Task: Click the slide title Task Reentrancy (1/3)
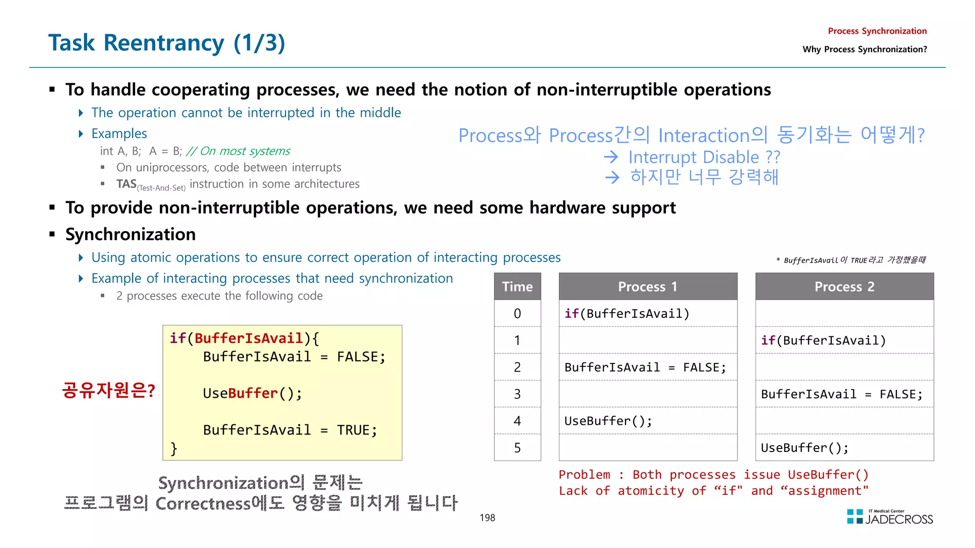point(167,43)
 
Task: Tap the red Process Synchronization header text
point(877,31)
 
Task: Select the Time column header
point(517,286)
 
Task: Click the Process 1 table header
point(647,286)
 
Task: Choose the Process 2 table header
point(844,286)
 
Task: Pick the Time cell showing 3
point(517,394)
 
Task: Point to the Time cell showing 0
point(517,313)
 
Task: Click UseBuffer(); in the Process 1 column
point(608,421)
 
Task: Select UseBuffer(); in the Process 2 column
point(805,448)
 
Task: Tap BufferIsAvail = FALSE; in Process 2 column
point(841,394)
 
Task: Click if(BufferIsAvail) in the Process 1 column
point(627,313)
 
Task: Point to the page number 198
point(487,518)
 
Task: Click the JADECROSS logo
point(890,518)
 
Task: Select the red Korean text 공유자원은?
point(109,391)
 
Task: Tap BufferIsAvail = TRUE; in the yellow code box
point(290,430)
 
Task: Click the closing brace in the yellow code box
point(174,448)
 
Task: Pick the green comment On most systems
point(239,151)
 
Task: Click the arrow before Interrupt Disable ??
point(611,157)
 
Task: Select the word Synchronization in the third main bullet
point(130,235)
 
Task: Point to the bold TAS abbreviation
point(126,184)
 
